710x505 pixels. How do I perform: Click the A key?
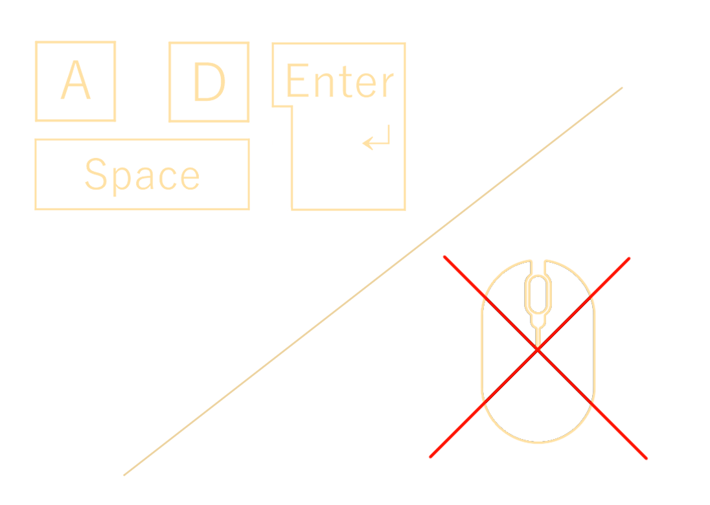(x=76, y=82)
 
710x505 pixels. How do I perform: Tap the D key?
(x=209, y=82)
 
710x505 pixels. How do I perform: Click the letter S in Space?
(x=96, y=174)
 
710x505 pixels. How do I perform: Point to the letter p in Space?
(x=122, y=181)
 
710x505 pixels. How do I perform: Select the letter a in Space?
(x=145, y=178)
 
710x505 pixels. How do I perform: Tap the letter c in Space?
(x=168, y=179)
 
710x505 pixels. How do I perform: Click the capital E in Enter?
(x=298, y=80)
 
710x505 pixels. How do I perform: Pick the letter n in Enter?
(x=324, y=85)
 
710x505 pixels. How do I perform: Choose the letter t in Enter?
(x=345, y=82)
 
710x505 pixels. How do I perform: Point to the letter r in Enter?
(x=388, y=85)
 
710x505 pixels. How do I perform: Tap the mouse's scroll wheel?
(x=538, y=294)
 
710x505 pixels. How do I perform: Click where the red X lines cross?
(x=538, y=350)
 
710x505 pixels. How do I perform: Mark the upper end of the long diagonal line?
(x=622, y=88)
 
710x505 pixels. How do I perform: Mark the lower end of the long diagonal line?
(x=124, y=475)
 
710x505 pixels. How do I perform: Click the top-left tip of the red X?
(x=444, y=256)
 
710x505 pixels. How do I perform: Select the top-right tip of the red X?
(x=629, y=258)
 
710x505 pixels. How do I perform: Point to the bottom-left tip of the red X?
(x=430, y=456)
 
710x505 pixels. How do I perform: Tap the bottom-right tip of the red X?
(x=646, y=458)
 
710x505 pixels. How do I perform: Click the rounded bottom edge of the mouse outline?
(x=538, y=442)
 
